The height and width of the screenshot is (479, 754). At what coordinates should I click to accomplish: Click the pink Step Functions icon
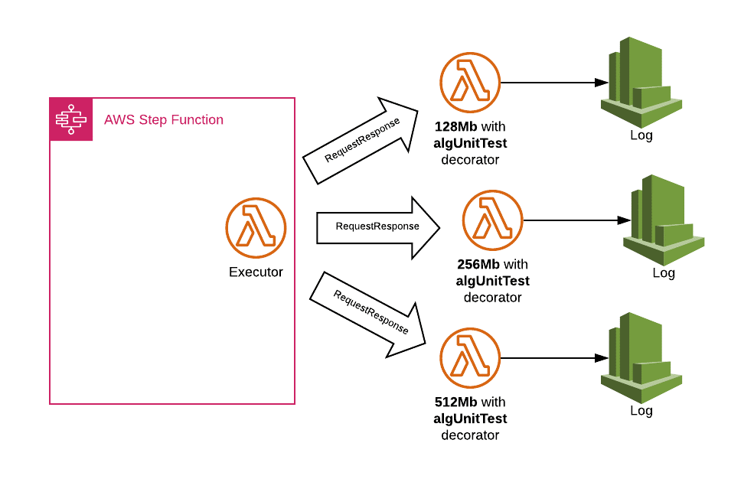point(71,120)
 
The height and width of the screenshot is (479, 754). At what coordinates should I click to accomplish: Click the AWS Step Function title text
point(164,120)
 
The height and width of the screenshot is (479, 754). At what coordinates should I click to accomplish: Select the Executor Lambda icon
point(256,227)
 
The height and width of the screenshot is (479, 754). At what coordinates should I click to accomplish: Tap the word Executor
point(256,272)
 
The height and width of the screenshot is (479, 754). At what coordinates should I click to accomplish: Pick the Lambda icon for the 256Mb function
point(492,220)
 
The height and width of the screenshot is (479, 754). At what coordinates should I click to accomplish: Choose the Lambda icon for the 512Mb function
point(470,357)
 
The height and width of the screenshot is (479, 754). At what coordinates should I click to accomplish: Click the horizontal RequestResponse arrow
point(378,227)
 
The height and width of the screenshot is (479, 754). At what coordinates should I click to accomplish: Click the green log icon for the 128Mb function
point(641,82)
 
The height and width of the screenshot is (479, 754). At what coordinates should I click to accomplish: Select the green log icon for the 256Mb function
point(664,220)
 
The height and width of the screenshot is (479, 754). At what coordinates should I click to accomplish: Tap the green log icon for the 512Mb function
point(641,357)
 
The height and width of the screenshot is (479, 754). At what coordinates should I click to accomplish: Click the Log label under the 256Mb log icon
point(664,273)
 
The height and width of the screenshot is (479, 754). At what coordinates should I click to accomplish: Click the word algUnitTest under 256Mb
point(492,281)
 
